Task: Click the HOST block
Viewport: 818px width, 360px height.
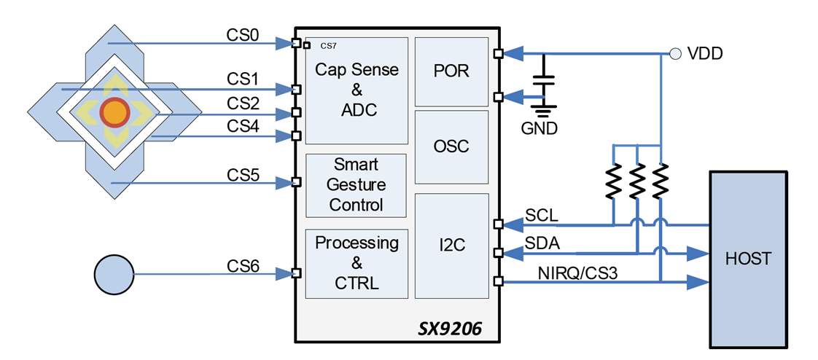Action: [749, 259]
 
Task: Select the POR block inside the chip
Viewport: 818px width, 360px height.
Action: [451, 71]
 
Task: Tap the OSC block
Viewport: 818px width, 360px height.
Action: [451, 146]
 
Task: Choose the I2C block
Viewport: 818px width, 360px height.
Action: [451, 246]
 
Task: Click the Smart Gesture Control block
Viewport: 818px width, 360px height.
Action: [356, 184]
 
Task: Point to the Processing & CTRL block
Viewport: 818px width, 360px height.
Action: [356, 263]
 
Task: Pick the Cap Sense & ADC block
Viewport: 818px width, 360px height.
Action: [356, 90]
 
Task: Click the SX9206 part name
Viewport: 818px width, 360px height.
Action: [451, 330]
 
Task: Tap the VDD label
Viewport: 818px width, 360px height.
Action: [704, 53]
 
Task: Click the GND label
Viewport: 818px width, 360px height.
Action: [540, 129]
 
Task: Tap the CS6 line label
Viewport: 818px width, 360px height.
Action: [243, 267]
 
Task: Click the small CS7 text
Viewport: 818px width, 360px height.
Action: [328, 46]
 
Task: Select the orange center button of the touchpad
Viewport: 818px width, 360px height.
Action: [114, 113]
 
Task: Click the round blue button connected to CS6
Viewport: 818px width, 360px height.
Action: [114, 275]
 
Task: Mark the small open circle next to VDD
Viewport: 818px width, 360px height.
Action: [675, 53]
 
